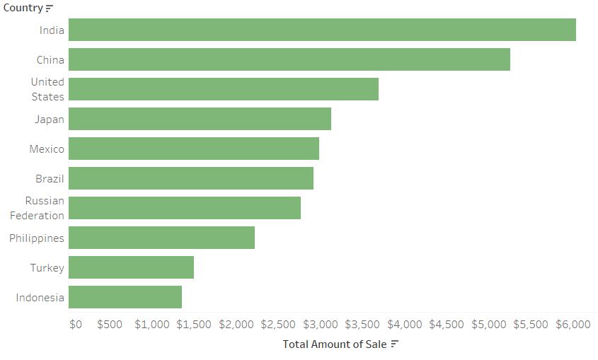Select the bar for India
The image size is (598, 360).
(x=322, y=30)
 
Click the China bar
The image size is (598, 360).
(x=289, y=59)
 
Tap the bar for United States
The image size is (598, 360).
(x=224, y=89)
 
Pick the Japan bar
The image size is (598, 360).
(x=200, y=119)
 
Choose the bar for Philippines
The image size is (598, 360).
(x=162, y=238)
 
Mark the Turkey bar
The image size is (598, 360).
(x=132, y=267)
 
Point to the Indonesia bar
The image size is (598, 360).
(x=125, y=297)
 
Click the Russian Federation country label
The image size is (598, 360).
(x=37, y=208)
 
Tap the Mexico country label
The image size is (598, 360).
(x=47, y=149)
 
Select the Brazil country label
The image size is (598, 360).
(x=50, y=179)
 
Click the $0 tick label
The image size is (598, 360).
(x=76, y=325)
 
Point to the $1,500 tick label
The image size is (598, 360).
(x=193, y=325)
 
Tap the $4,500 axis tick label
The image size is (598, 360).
(x=447, y=325)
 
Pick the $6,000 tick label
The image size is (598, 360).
(x=573, y=325)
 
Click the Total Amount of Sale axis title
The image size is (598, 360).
(x=335, y=344)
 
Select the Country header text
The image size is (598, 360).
(x=23, y=8)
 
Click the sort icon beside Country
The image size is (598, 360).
(x=50, y=8)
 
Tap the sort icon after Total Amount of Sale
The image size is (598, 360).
(x=395, y=344)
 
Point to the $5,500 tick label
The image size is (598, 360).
(x=531, y=325)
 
